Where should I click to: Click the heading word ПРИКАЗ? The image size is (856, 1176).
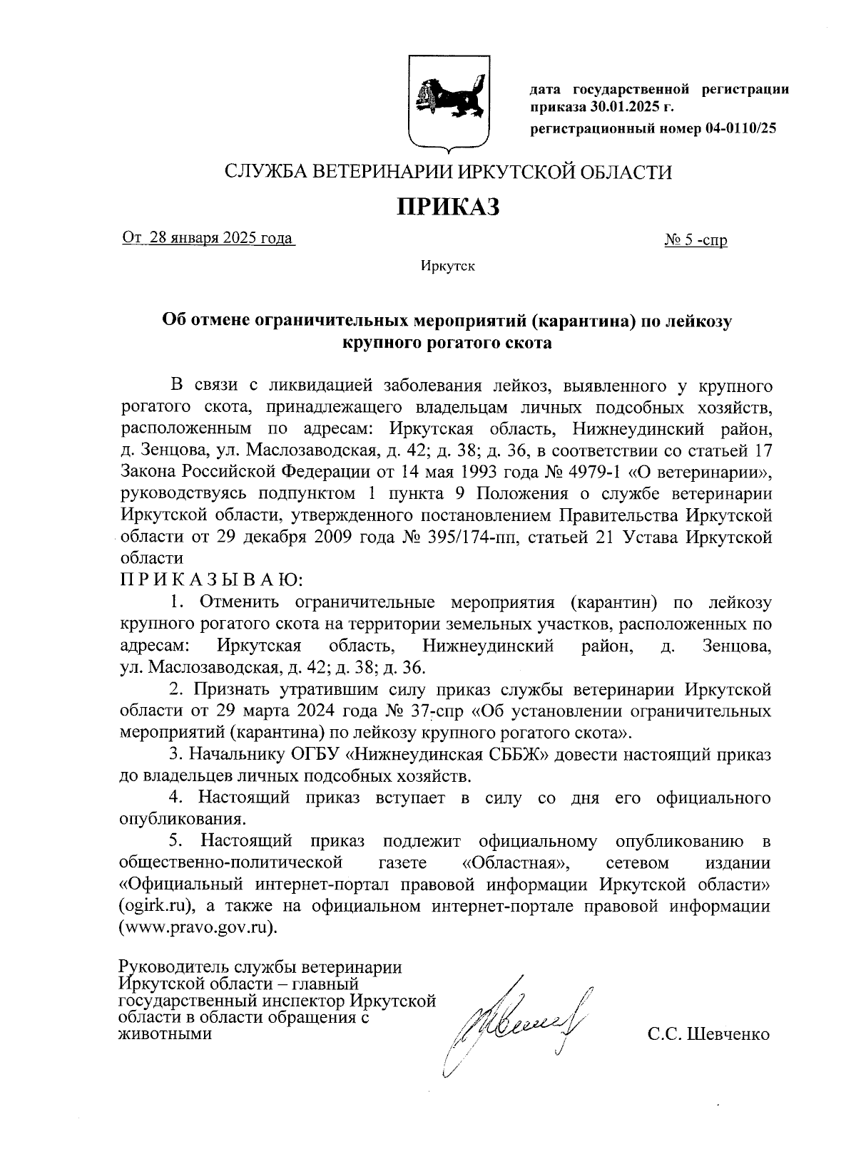[x=448, y=207]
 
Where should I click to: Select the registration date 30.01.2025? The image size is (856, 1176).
[x=626, y=108]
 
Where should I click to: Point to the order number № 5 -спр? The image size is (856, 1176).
[x=695, y=240]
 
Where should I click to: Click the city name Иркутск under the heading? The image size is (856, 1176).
[x=447, y=267]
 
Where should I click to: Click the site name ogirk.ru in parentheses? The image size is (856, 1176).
[x=158, y=906]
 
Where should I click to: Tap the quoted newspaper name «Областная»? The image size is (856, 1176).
[x=516, y=862]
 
